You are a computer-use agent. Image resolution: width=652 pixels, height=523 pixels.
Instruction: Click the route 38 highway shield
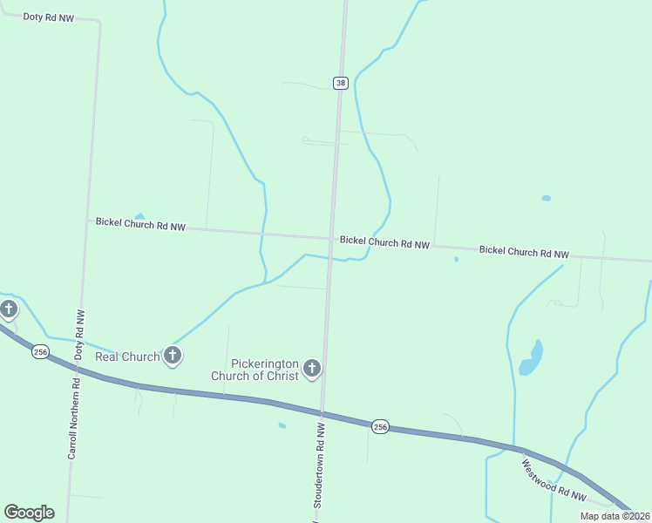tap(341, 83)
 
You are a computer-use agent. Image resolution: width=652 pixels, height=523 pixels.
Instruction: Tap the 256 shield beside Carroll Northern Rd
tap(40, 351)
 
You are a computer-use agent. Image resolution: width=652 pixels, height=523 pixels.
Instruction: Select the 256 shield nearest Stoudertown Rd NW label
tap(380, 426)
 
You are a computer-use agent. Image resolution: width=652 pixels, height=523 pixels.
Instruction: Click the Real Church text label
tap(127, 357)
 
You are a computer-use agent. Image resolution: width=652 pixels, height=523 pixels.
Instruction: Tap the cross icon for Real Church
tap(173, 355)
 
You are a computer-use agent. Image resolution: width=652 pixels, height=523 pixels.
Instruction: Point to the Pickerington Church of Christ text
tap(253, 370)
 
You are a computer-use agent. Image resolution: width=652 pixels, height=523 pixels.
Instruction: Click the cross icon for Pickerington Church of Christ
tap(312, 370)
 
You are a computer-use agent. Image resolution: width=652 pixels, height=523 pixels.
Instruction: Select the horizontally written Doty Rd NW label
tap(49, 17)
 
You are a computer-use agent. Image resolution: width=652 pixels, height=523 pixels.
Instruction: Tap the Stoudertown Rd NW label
tap(319, 466)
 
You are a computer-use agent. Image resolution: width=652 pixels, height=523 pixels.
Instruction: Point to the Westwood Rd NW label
tap(554, 480)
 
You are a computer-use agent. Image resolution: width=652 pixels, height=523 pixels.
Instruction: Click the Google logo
tap(30, 513)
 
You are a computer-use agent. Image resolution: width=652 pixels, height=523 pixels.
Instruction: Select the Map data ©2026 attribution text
tap(615, 516)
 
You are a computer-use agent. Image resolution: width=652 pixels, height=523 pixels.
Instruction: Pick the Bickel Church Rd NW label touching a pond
tap(140, 225)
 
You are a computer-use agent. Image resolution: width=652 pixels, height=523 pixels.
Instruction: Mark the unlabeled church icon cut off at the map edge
tap(9, 309)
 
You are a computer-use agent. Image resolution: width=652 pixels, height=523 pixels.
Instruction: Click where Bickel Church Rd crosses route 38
tap(331, 237)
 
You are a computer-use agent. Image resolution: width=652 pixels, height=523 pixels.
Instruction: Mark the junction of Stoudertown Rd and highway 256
tap(323, 413)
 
